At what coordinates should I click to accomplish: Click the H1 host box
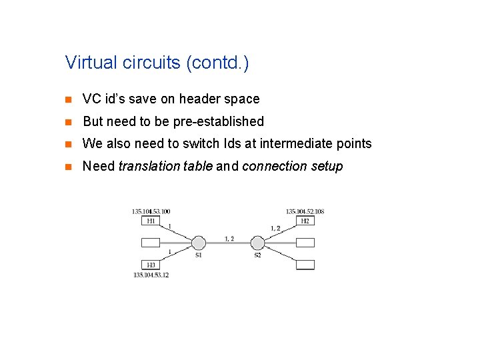(x=151, y=221)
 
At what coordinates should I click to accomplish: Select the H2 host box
(x=305, y=221)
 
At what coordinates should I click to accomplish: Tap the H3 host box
(x=151, y=265)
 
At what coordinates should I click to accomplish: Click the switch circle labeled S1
(x=198, y=243)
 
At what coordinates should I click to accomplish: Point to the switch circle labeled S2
(x=258, y=243)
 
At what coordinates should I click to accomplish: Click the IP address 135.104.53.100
(x=151, y=211)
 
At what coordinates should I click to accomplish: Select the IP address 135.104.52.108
(x=305, y=211)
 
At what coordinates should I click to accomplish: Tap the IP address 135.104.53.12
(x=151, y=275)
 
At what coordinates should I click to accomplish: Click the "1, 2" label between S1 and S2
(x=229, y=238)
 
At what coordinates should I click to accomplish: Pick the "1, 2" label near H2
(x=275, y=228)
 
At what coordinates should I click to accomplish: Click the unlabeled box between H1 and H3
(x=151, y=243)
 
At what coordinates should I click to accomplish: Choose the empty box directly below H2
(x=305, y=243)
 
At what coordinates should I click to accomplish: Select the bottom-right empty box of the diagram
(x=305, y=265)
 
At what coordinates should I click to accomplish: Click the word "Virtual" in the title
(x=86, y=63)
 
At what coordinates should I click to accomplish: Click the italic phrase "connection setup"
(x=292, y=166)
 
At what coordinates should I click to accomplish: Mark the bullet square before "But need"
(x=67, y=122)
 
